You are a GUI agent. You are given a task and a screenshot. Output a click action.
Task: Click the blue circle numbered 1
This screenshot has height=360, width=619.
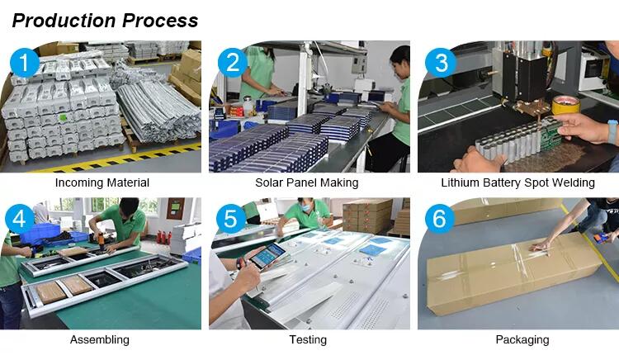[25, 63]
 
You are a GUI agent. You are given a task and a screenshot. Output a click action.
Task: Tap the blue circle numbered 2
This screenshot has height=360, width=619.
[233, 63]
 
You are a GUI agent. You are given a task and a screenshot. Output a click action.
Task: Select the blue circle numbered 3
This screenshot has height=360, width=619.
[441, 63]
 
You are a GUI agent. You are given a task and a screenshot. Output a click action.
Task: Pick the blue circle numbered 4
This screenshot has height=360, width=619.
[19, 218]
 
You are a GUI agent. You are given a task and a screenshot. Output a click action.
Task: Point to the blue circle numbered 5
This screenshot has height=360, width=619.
[231, 218]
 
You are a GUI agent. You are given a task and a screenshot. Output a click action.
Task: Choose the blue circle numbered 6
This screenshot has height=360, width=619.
[440, 218]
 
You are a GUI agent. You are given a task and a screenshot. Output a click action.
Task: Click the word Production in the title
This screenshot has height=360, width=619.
[64, 21]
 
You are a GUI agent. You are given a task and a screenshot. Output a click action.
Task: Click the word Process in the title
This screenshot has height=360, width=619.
[160, 21]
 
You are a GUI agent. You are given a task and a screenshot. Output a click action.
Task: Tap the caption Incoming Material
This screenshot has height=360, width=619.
[102, 182]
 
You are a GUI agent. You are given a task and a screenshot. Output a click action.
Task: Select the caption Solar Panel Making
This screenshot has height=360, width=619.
[307, 182]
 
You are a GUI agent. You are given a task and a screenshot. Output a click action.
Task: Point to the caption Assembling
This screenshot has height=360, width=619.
[100, 340]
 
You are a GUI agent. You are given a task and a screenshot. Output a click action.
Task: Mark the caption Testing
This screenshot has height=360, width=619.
[308, 340]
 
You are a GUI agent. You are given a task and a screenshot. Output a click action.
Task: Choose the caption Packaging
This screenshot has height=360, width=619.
[522, 340]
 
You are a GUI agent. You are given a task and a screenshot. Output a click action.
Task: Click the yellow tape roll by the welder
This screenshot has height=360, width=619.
[565, 105]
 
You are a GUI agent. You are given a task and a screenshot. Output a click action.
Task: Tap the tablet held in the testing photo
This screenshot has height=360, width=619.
[267, 255]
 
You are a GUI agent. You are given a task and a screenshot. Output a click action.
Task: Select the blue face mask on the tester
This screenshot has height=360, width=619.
[306, 207]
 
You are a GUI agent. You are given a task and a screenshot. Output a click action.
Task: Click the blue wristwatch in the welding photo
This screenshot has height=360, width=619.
[612, 132]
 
